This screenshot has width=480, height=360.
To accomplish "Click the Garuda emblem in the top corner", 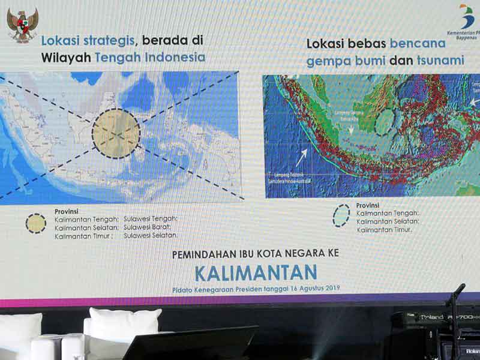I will pyautogui.click(x=22, y=25).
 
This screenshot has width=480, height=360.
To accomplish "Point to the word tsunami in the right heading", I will pyautogui.click(x=442, y=60).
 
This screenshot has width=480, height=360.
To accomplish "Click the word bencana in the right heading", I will pyautogui.click(x=418, y=43).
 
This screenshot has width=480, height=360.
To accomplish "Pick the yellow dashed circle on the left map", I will pyautogui.click(x=116, y=133).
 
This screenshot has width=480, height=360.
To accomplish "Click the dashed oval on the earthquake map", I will pyautogui.click(x=384, y=122).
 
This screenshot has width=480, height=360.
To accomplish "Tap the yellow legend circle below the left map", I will pyautogui.click(x=36, y=223).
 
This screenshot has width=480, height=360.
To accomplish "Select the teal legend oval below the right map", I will pyautogui.click(x=341, y=215).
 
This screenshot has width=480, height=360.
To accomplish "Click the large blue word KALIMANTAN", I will pyautogui.click(x=256, y=272).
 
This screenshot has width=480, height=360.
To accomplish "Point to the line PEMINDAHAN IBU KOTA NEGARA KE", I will pyautogui.click(x=256, y=254).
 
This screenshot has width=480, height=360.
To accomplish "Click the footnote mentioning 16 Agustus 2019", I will pyautogui.click(x=256, y=289).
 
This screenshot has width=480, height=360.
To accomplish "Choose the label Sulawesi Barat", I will pyautogui.click(x=148, y=227).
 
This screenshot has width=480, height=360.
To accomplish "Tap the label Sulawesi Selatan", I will pyautogui.click(x=151, y=236).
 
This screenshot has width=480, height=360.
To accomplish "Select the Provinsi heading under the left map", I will pyautogui.click(x=67, y=211).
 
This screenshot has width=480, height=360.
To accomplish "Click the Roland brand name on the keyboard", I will pyautogui.click(x=431, y=317).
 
